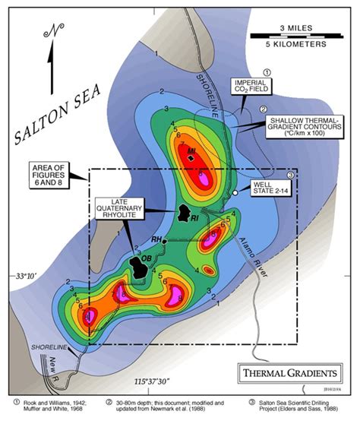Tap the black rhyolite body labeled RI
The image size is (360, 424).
(183, 214)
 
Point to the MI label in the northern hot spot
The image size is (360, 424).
(191, 150)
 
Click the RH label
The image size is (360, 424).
(156, 240)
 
